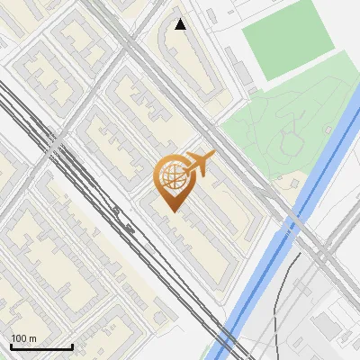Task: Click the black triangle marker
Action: [181, 24]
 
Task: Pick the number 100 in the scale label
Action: [19, 337]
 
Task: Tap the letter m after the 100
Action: [32, 338]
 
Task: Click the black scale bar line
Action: [41, 346]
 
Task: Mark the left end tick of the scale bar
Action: [11, 345]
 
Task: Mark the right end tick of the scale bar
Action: [72, 345]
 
